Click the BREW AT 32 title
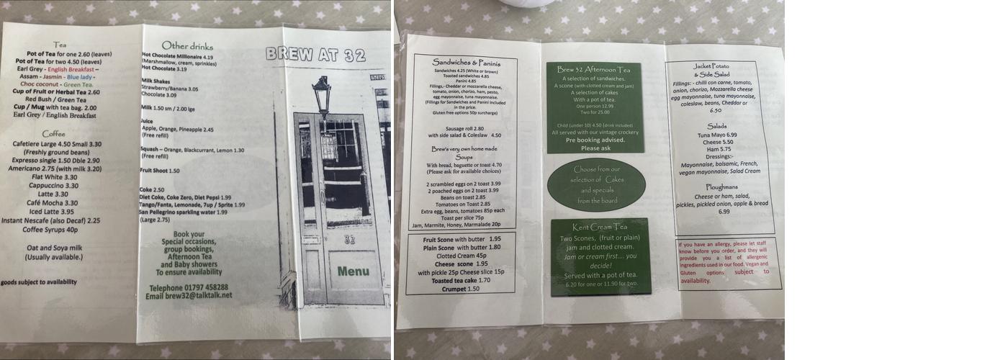pos(315,55)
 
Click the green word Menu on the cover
pos(353,271)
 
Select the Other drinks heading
pos(187,46)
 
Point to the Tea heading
pos(60,45)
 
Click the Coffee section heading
pos(53,133)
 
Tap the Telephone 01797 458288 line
pos(186,287)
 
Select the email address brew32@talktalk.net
pos(189,295)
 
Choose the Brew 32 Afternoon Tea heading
pos(593,69)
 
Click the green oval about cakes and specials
pos(596,184)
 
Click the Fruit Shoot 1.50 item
pos(160,171)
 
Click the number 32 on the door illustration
pos(350,240)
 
